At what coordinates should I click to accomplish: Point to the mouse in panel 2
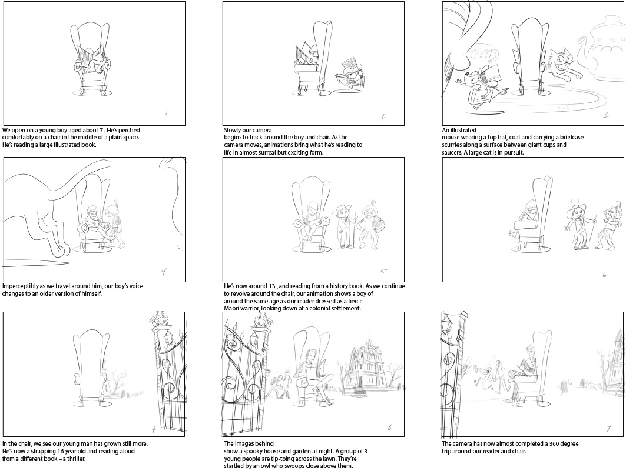(349, 76)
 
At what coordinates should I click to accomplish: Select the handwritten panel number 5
(383, 271)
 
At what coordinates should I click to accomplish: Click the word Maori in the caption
(232, 309)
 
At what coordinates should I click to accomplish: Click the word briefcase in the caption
(570, 138)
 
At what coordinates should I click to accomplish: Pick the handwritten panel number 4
(164, 272)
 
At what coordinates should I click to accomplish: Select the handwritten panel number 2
(383, 116)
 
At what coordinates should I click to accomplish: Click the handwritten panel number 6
(604, 275)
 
